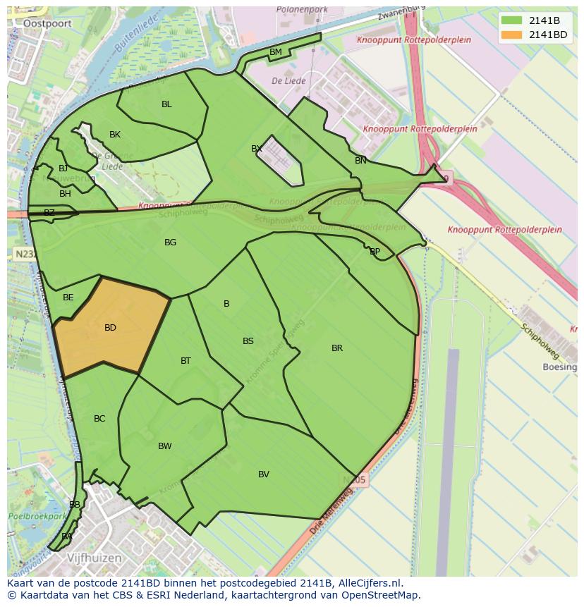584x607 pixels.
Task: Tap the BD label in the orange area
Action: point(110,328)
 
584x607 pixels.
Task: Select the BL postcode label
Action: point(166,104)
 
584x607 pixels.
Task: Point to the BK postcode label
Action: point(115,135)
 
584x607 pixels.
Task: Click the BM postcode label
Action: point(276,52)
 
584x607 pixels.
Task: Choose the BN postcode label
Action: point(360,161)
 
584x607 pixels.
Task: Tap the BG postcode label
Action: point(170,243)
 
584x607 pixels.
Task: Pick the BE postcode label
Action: point(68,298)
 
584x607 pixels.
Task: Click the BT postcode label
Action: point(185,361)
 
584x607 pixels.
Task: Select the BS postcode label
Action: point(248,341)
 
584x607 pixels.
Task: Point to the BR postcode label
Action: point(337,348)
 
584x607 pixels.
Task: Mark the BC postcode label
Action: point(99,419)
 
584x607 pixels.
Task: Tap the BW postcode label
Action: point(165,446)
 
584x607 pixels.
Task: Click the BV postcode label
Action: point(264,474)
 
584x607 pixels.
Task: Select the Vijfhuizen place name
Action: point(94,558)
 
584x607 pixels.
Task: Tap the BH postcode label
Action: point(65,194)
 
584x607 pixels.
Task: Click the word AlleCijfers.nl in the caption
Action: point(370,583)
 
